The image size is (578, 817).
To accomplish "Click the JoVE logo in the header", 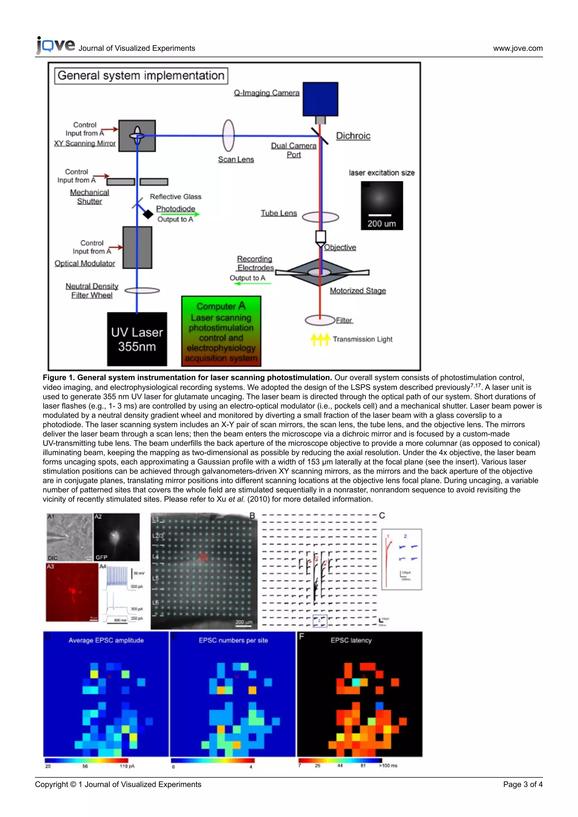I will coord(56,45).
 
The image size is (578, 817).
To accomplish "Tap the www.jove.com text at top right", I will coord(518,49).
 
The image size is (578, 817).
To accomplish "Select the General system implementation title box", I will coord(141,76).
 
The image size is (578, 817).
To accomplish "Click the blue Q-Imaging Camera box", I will coord(320,99).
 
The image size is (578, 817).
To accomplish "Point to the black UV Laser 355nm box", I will coord(137,339).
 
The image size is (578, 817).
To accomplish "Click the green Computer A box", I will coord(221,331).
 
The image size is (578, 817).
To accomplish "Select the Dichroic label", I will coord(353,136).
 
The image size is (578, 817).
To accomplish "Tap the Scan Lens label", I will coord(236,159).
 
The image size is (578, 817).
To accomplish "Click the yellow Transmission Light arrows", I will coord(320,339).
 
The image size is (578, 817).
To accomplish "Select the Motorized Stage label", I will coord(358,291).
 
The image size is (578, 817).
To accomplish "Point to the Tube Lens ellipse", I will coord(320,217).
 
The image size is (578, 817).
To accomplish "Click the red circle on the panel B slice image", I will coord(203,557).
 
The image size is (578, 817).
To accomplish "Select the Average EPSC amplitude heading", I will coord(106,640).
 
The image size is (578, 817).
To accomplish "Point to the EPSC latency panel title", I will coord(351,640).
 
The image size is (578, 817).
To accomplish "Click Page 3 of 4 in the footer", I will coord(522,784).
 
